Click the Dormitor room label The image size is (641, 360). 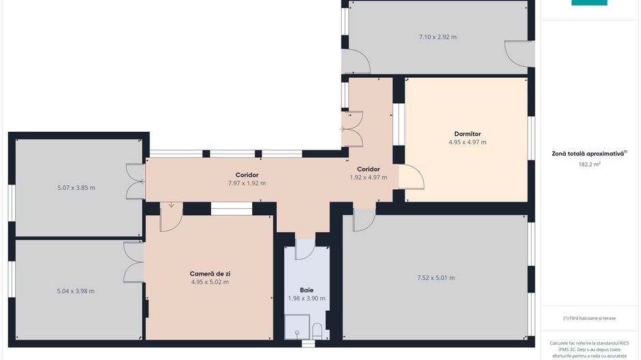[467, 134]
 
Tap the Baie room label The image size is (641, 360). [307, 290]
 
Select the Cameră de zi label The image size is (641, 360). [210, 274]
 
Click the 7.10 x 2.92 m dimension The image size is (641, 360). [438, 37]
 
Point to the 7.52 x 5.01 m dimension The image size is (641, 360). [436, 278]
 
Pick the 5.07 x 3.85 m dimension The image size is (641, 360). [77, 188]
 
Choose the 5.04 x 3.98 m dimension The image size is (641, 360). [76, 292]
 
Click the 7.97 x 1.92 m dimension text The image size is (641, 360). [247, 184]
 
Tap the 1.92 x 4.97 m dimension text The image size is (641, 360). [368, 178]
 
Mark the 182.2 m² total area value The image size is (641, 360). [590, 164]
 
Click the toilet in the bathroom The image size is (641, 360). [317, 331]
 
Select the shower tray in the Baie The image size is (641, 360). [297, 327]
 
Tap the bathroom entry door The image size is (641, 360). [305, 249]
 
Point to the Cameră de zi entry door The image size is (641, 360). [171, 217]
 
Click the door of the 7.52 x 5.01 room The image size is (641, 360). [364, 220]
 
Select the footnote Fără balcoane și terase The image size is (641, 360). [589, 318]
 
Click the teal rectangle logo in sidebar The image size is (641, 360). [589, 3]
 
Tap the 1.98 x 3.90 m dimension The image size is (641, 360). [307, 299]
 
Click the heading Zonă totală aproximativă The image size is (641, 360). [588, 154]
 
